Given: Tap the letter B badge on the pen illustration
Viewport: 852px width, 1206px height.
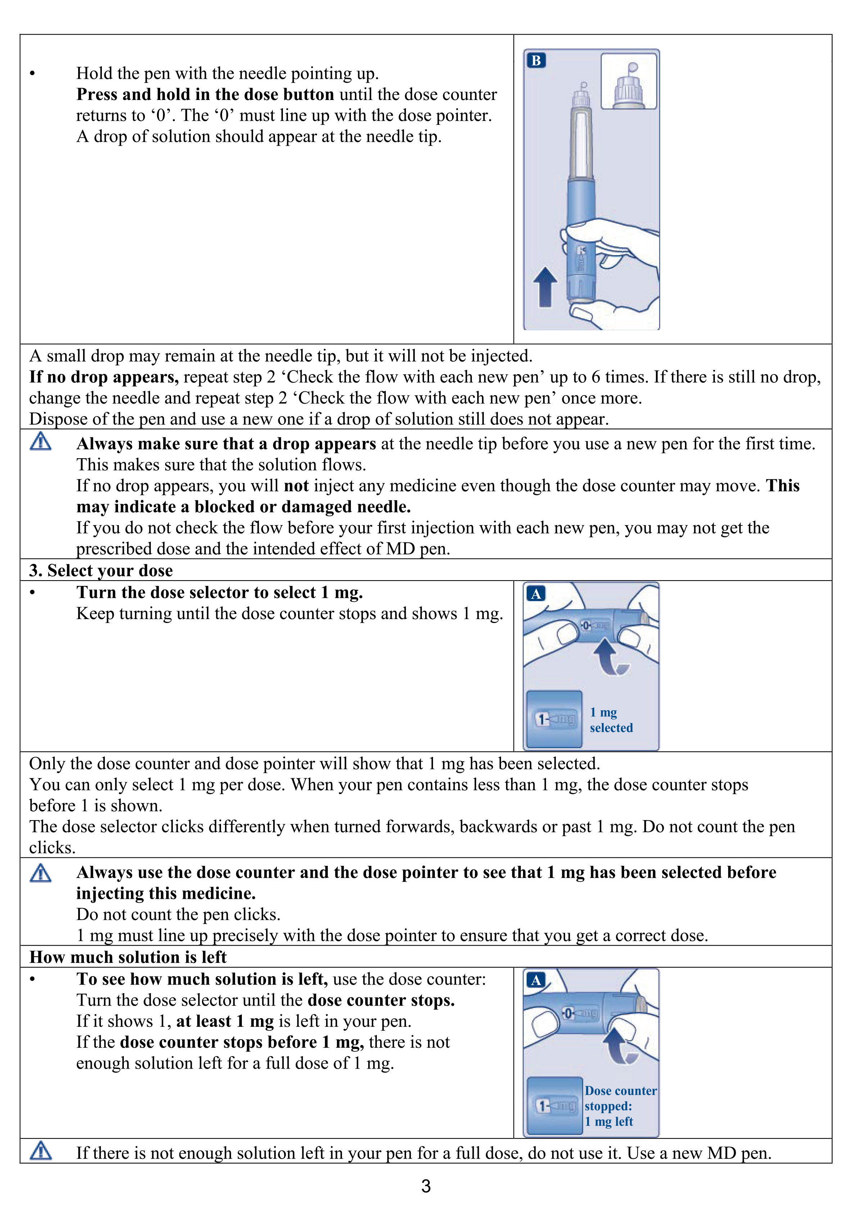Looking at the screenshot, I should coord(536,60).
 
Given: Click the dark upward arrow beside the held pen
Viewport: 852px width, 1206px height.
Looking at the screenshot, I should coord(545,287).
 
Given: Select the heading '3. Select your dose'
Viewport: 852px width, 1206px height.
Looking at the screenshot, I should coord(101,570).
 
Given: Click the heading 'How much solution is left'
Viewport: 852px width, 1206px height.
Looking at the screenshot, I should coord(128,957).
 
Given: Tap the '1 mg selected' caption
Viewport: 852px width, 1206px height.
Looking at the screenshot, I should coord(611,720).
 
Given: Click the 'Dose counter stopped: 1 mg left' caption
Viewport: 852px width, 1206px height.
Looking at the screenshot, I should coord(620,1106).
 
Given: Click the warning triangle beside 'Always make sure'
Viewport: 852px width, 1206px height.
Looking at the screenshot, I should coord(40,442).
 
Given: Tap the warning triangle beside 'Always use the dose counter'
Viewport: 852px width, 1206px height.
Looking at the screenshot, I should coord(40,873).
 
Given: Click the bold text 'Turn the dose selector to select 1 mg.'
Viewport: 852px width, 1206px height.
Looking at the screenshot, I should coord(220,592).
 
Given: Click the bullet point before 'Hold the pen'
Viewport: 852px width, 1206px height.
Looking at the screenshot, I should coord(33,73).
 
